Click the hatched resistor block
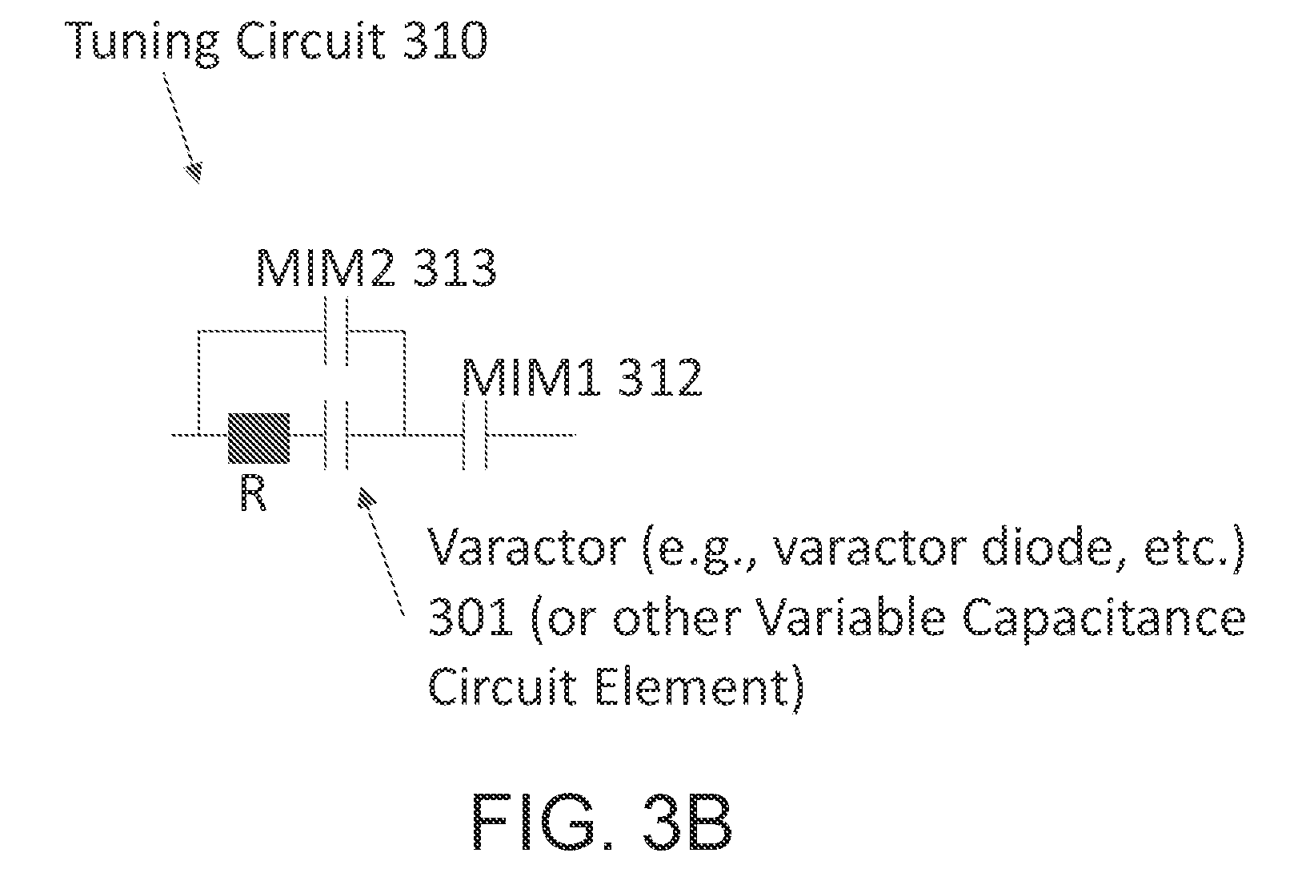click(258, 438)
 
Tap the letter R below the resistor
click(253, 495)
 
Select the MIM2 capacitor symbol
click(336, 332)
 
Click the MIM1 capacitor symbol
click(475, 435)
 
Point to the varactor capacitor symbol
click(336, 435)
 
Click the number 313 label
click(454, 268)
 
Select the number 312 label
click(659, 377)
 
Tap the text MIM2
click(326, 268)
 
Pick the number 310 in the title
click(444, 41)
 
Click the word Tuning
click(142, 44)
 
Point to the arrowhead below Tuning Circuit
click(194, 171)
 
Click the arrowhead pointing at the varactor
click(367, 498)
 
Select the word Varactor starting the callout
click(527, 547)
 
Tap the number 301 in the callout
click(470, 618)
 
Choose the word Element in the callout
click(691, 687)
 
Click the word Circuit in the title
click(310, 41)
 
